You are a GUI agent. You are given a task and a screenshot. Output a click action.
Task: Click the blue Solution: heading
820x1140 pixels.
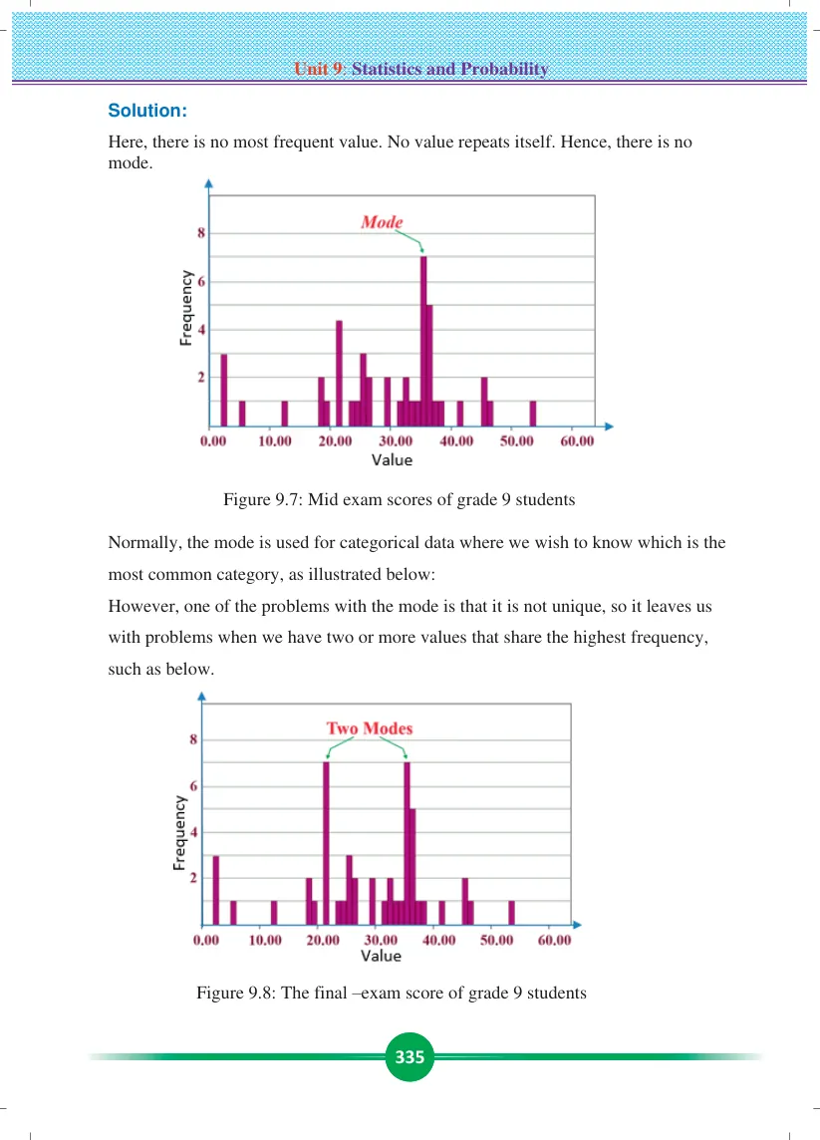(x=147, y=111)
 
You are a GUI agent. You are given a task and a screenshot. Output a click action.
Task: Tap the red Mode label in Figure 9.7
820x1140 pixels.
(x=382, y=222)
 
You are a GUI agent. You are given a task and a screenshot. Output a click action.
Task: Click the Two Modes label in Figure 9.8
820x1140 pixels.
(x=370, y=728)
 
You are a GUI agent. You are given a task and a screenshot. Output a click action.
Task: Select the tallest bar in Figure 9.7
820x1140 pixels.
(x=423, y=341)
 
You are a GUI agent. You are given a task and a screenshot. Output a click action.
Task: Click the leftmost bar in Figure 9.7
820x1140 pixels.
(x=224, y=390)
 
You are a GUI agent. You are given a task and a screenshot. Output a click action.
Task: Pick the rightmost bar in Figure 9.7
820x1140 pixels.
(x=533, y=414)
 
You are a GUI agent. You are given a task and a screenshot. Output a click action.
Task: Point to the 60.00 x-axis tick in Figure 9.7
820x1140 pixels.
(x=577, y=441)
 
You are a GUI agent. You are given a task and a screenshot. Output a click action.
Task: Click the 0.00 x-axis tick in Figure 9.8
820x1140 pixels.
(x=206, y=940)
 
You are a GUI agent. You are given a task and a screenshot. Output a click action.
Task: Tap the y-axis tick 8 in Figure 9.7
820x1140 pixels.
(x=201, y=233)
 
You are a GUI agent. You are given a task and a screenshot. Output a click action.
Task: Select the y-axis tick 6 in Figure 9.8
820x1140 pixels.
(x=193, y=786)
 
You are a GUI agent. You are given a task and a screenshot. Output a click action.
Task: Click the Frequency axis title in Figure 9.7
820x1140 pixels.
(x=186, y=308)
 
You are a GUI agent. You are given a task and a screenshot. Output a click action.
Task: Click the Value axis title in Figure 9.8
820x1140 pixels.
(x=381, y=956)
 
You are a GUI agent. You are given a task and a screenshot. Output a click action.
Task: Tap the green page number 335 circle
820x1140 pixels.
(x=410, y=1056)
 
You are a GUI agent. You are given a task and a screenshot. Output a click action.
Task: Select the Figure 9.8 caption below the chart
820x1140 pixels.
(x=392, y=994)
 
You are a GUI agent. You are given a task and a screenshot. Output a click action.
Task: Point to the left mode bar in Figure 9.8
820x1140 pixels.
(x=327, y=843)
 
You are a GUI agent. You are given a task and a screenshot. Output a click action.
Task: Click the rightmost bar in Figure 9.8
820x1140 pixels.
(x=512, y=913)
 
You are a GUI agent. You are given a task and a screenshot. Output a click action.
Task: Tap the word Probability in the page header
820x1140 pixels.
(x=504, y=69)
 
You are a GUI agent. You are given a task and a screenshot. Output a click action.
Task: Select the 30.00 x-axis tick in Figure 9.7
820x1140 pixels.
(x=396, y=441)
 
